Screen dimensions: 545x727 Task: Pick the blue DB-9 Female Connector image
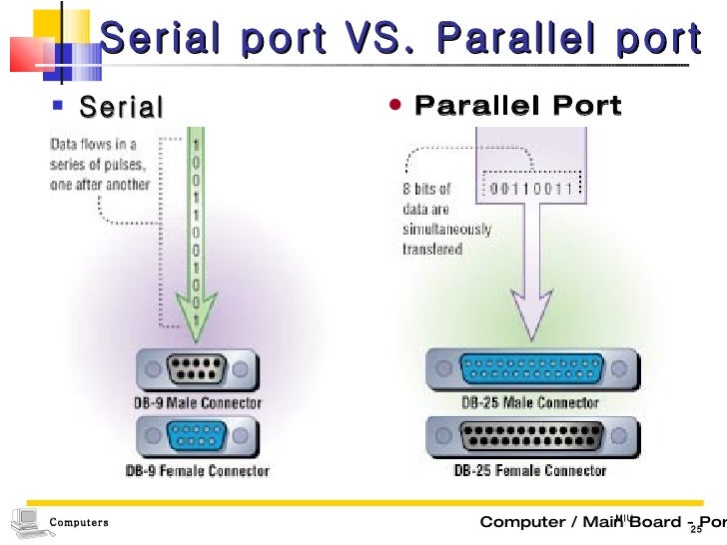tap(196, 438)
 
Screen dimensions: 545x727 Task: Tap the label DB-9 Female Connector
tap(196, 470)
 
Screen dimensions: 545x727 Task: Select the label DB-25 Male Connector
tap(530, 403)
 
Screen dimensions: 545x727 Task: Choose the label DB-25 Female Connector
tap(530, 470)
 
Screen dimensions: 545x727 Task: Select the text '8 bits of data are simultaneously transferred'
tap(446, 218)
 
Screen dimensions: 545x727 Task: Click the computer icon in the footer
tap(26, 520)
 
